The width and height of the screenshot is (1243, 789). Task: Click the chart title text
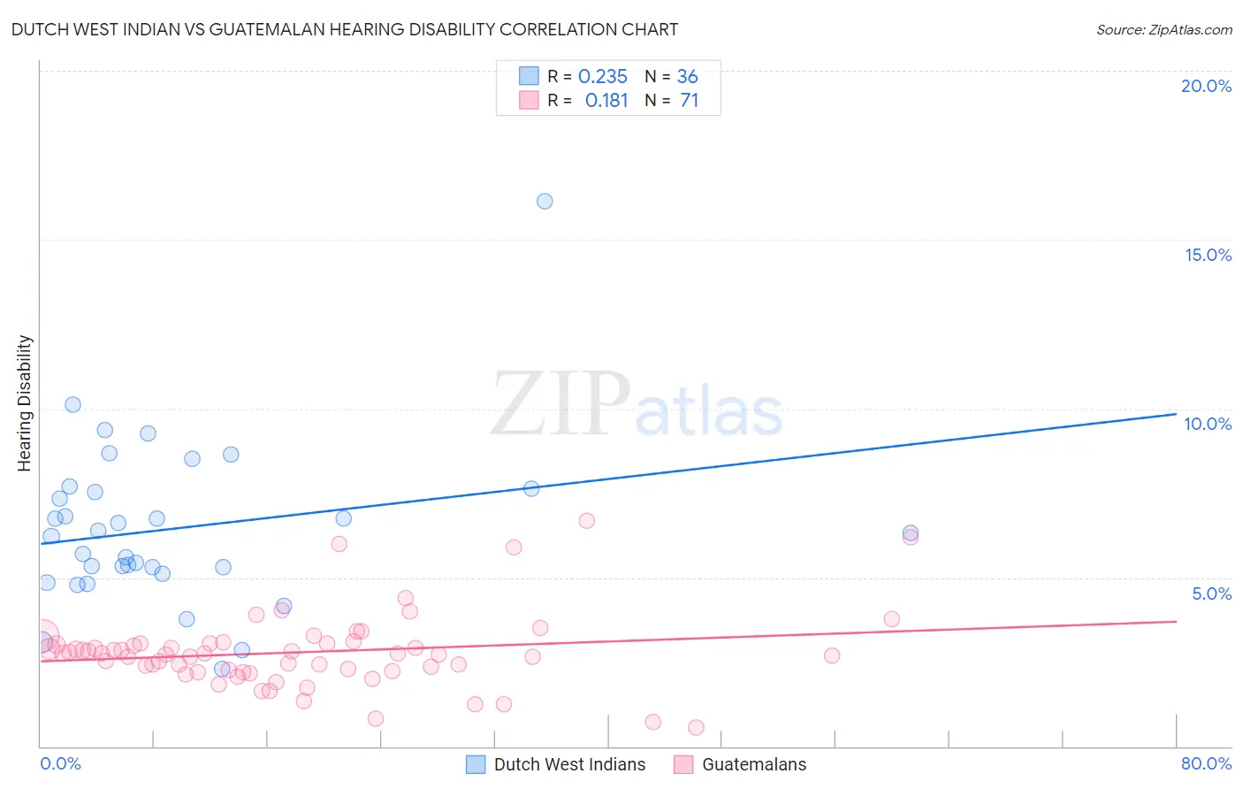[x=344, y=29]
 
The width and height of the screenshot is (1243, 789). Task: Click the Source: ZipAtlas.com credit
[x=1163, y=29]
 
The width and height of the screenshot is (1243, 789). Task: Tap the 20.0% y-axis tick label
[x=1206, y=86]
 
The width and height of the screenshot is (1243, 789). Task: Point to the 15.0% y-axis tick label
[x=1208, y=255]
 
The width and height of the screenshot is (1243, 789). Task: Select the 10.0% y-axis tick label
[x=1208, y=424]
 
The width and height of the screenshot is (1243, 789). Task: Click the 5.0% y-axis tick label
[x=1211, y=593]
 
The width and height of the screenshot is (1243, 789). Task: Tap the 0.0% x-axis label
[x=60, y=763]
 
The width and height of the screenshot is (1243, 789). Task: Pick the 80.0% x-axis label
[x=1206, y=763]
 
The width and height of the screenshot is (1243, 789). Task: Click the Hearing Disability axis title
[x=25, y=403]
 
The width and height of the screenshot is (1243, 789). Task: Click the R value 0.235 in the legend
[x=602, y=77]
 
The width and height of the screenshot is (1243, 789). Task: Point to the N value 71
[x=689, y=101]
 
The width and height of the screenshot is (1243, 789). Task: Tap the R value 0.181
[x=606, y=101]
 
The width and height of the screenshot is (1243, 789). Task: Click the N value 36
[x=687, y=77]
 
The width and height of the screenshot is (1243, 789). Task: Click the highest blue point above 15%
[x=545, y=202]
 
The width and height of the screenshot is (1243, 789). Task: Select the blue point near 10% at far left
[x=72, y=404]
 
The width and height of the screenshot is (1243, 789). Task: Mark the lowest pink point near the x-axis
[x=696, y=727]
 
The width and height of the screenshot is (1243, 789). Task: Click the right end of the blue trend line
[x=1176, y=414]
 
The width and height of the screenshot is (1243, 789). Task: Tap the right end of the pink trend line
[x=1176, y=621]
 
